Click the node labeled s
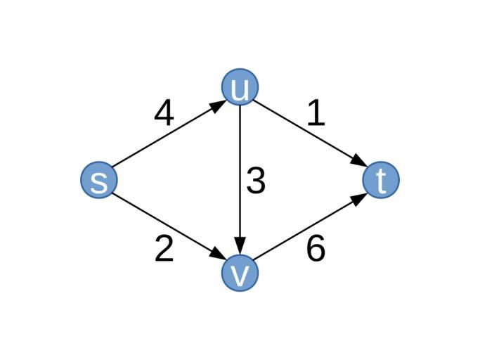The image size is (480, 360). (x=99, y=180)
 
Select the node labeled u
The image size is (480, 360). (x=240, y=87)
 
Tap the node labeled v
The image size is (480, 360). (x=240, y=273)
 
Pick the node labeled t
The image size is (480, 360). (x=381, y=180)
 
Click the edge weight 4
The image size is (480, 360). (x=164, y=112)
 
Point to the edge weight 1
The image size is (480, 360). (x=316, y=112)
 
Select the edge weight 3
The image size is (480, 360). (x=256, y=181)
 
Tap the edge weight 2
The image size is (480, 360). (x=164, y=248)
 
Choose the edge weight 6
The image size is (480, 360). (x=316, y=248)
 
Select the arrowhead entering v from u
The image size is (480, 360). (x=240, y=246)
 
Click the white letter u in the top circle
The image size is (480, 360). (x=240, y=89)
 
